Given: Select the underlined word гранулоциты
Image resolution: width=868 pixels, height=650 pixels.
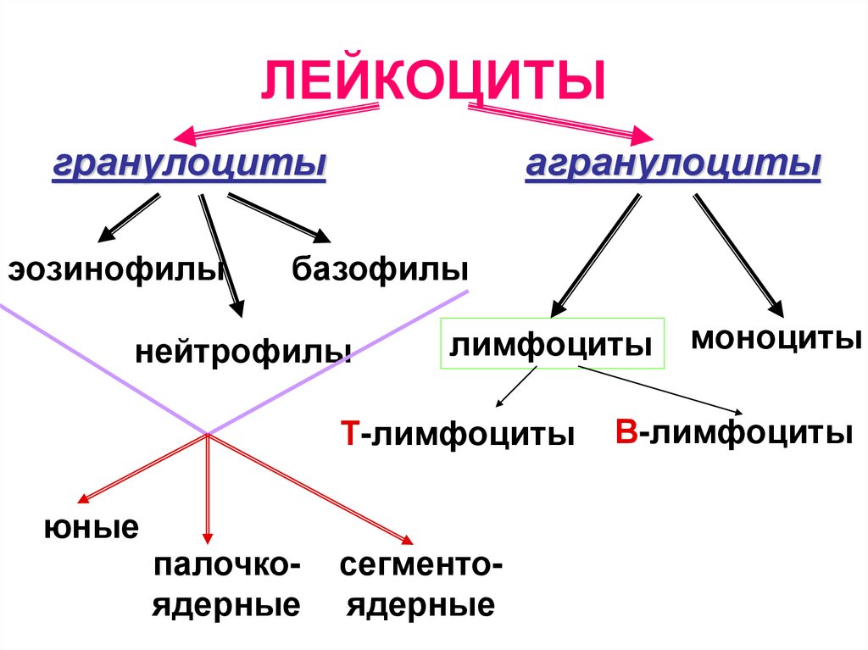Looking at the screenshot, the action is (189, 163).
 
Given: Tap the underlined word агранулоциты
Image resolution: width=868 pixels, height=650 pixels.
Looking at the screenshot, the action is (673, 163).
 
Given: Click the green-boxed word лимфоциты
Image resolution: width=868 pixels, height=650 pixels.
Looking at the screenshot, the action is (551, 344).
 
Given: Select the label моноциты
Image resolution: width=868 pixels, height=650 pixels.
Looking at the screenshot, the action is (776, 339).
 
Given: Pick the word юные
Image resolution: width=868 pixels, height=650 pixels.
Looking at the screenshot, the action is (92, 528).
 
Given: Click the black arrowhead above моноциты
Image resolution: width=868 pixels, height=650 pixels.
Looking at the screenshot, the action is (774, 308).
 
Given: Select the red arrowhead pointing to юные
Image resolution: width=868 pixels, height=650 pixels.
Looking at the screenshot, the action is (84, 498).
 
